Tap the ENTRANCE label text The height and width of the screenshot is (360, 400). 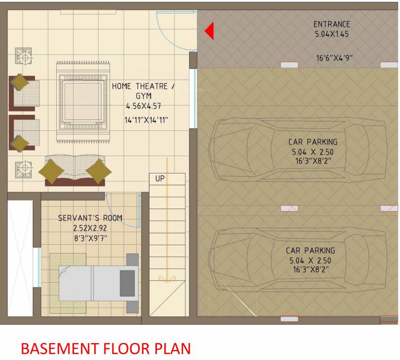(x=332, y=24)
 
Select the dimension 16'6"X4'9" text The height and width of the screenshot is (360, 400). (x=334, y=58)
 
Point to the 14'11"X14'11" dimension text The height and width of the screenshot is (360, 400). (x=146, y=120)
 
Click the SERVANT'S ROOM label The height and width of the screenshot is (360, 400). (x=90, y=218)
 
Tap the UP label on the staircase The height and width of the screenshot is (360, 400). (x=160, y=179)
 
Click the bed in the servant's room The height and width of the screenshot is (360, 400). (x=98, y=283)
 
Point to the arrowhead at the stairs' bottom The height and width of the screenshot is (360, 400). (x=165, y=279)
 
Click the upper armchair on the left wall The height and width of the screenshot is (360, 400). (x=23, y=91)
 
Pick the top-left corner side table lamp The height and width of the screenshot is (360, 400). (x=23, y=56)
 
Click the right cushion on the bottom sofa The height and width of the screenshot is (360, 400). (x=98, y=171)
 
